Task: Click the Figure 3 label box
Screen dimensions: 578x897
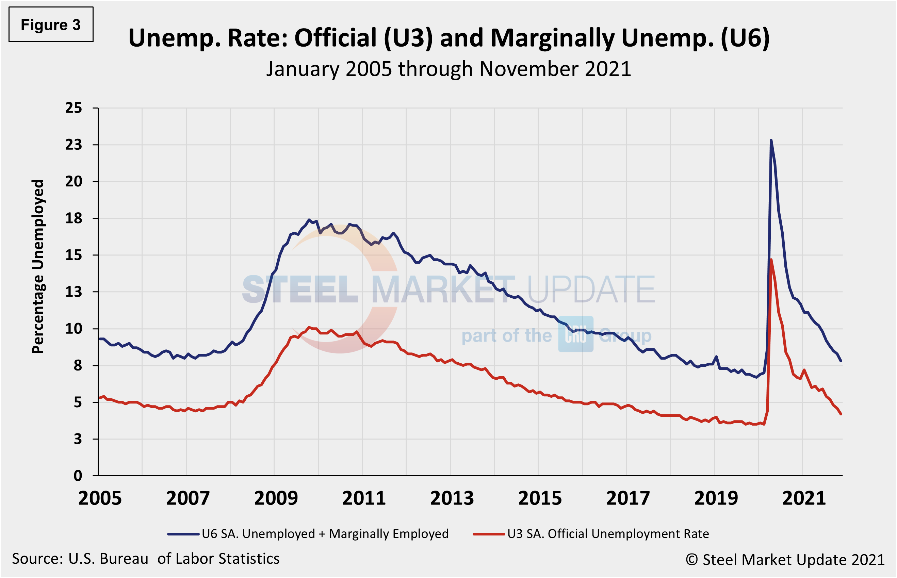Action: [51, 25]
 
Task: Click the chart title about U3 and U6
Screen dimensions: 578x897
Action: [448, 38]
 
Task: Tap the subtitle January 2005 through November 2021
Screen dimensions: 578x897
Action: [448, 69]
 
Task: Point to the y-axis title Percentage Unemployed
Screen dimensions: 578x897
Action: [38, 266]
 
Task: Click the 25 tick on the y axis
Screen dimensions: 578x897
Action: [74, 108]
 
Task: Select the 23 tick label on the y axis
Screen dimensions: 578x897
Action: [74, 145]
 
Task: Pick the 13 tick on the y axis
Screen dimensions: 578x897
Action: [74, 292]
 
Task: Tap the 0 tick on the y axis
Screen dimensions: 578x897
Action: [78, 476]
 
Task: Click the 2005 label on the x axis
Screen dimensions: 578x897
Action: [100, 498]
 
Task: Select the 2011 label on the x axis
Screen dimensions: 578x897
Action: [364, 498]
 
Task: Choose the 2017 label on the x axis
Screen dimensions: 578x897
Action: [628, 498]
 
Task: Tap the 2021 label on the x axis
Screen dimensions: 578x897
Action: [804, 498]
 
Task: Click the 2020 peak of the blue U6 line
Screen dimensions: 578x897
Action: [771, 141]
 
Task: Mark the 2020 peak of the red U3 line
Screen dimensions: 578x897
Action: [771, 259]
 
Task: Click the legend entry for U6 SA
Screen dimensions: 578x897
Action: [308, 534]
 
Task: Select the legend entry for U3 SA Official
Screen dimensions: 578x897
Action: [591, 534]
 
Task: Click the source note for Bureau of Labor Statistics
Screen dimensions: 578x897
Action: [146, 559]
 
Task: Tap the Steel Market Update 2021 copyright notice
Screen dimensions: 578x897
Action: [785, 560]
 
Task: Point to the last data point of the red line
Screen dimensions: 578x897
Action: [841, 414]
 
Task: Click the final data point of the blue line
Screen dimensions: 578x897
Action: [841, 361]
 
